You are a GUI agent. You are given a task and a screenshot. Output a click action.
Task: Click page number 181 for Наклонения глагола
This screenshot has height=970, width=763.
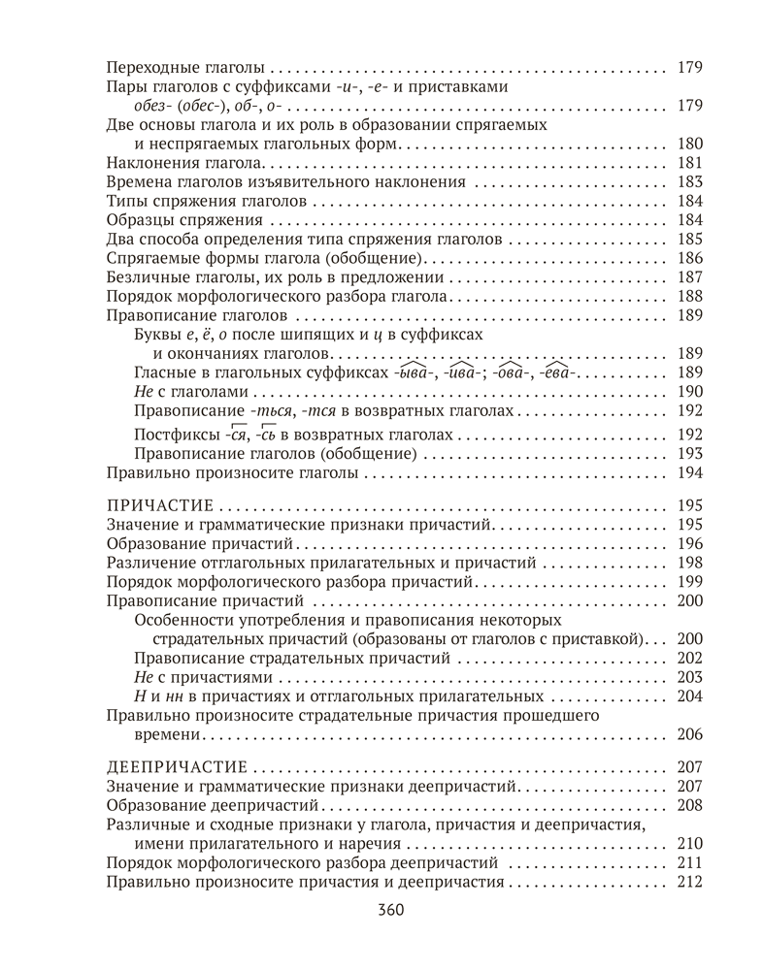[688, 163]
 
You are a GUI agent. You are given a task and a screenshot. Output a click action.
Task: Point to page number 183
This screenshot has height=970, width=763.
[688, 182]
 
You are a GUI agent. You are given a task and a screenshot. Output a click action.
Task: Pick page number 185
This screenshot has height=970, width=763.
[688, 239]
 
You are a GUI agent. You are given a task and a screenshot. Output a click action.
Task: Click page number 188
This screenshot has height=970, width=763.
[688, 296]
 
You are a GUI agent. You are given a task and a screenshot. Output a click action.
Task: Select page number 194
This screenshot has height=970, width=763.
[688, 473]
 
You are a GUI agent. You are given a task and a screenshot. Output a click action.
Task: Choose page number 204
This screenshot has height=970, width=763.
[688, 696]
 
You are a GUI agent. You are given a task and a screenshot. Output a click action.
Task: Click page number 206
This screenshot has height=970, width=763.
[688, 734]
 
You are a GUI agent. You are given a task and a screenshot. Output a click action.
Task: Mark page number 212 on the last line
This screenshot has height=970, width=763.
[688, 882]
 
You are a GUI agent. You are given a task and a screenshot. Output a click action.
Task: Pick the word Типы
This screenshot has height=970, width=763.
[121, 201]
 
